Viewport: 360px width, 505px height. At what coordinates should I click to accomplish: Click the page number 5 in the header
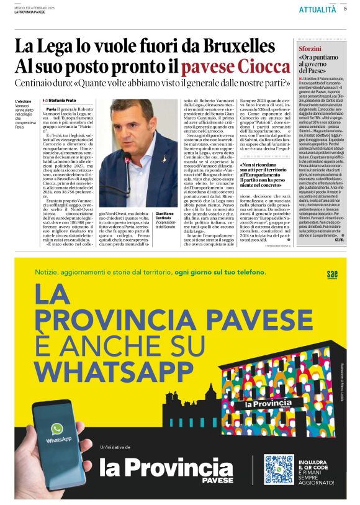[345, 9]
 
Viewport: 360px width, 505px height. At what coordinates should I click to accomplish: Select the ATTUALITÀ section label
[317, 9]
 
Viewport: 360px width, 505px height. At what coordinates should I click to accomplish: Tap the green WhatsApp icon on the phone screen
[57, 429]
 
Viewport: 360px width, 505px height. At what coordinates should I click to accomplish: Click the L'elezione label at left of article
[24, 101]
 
